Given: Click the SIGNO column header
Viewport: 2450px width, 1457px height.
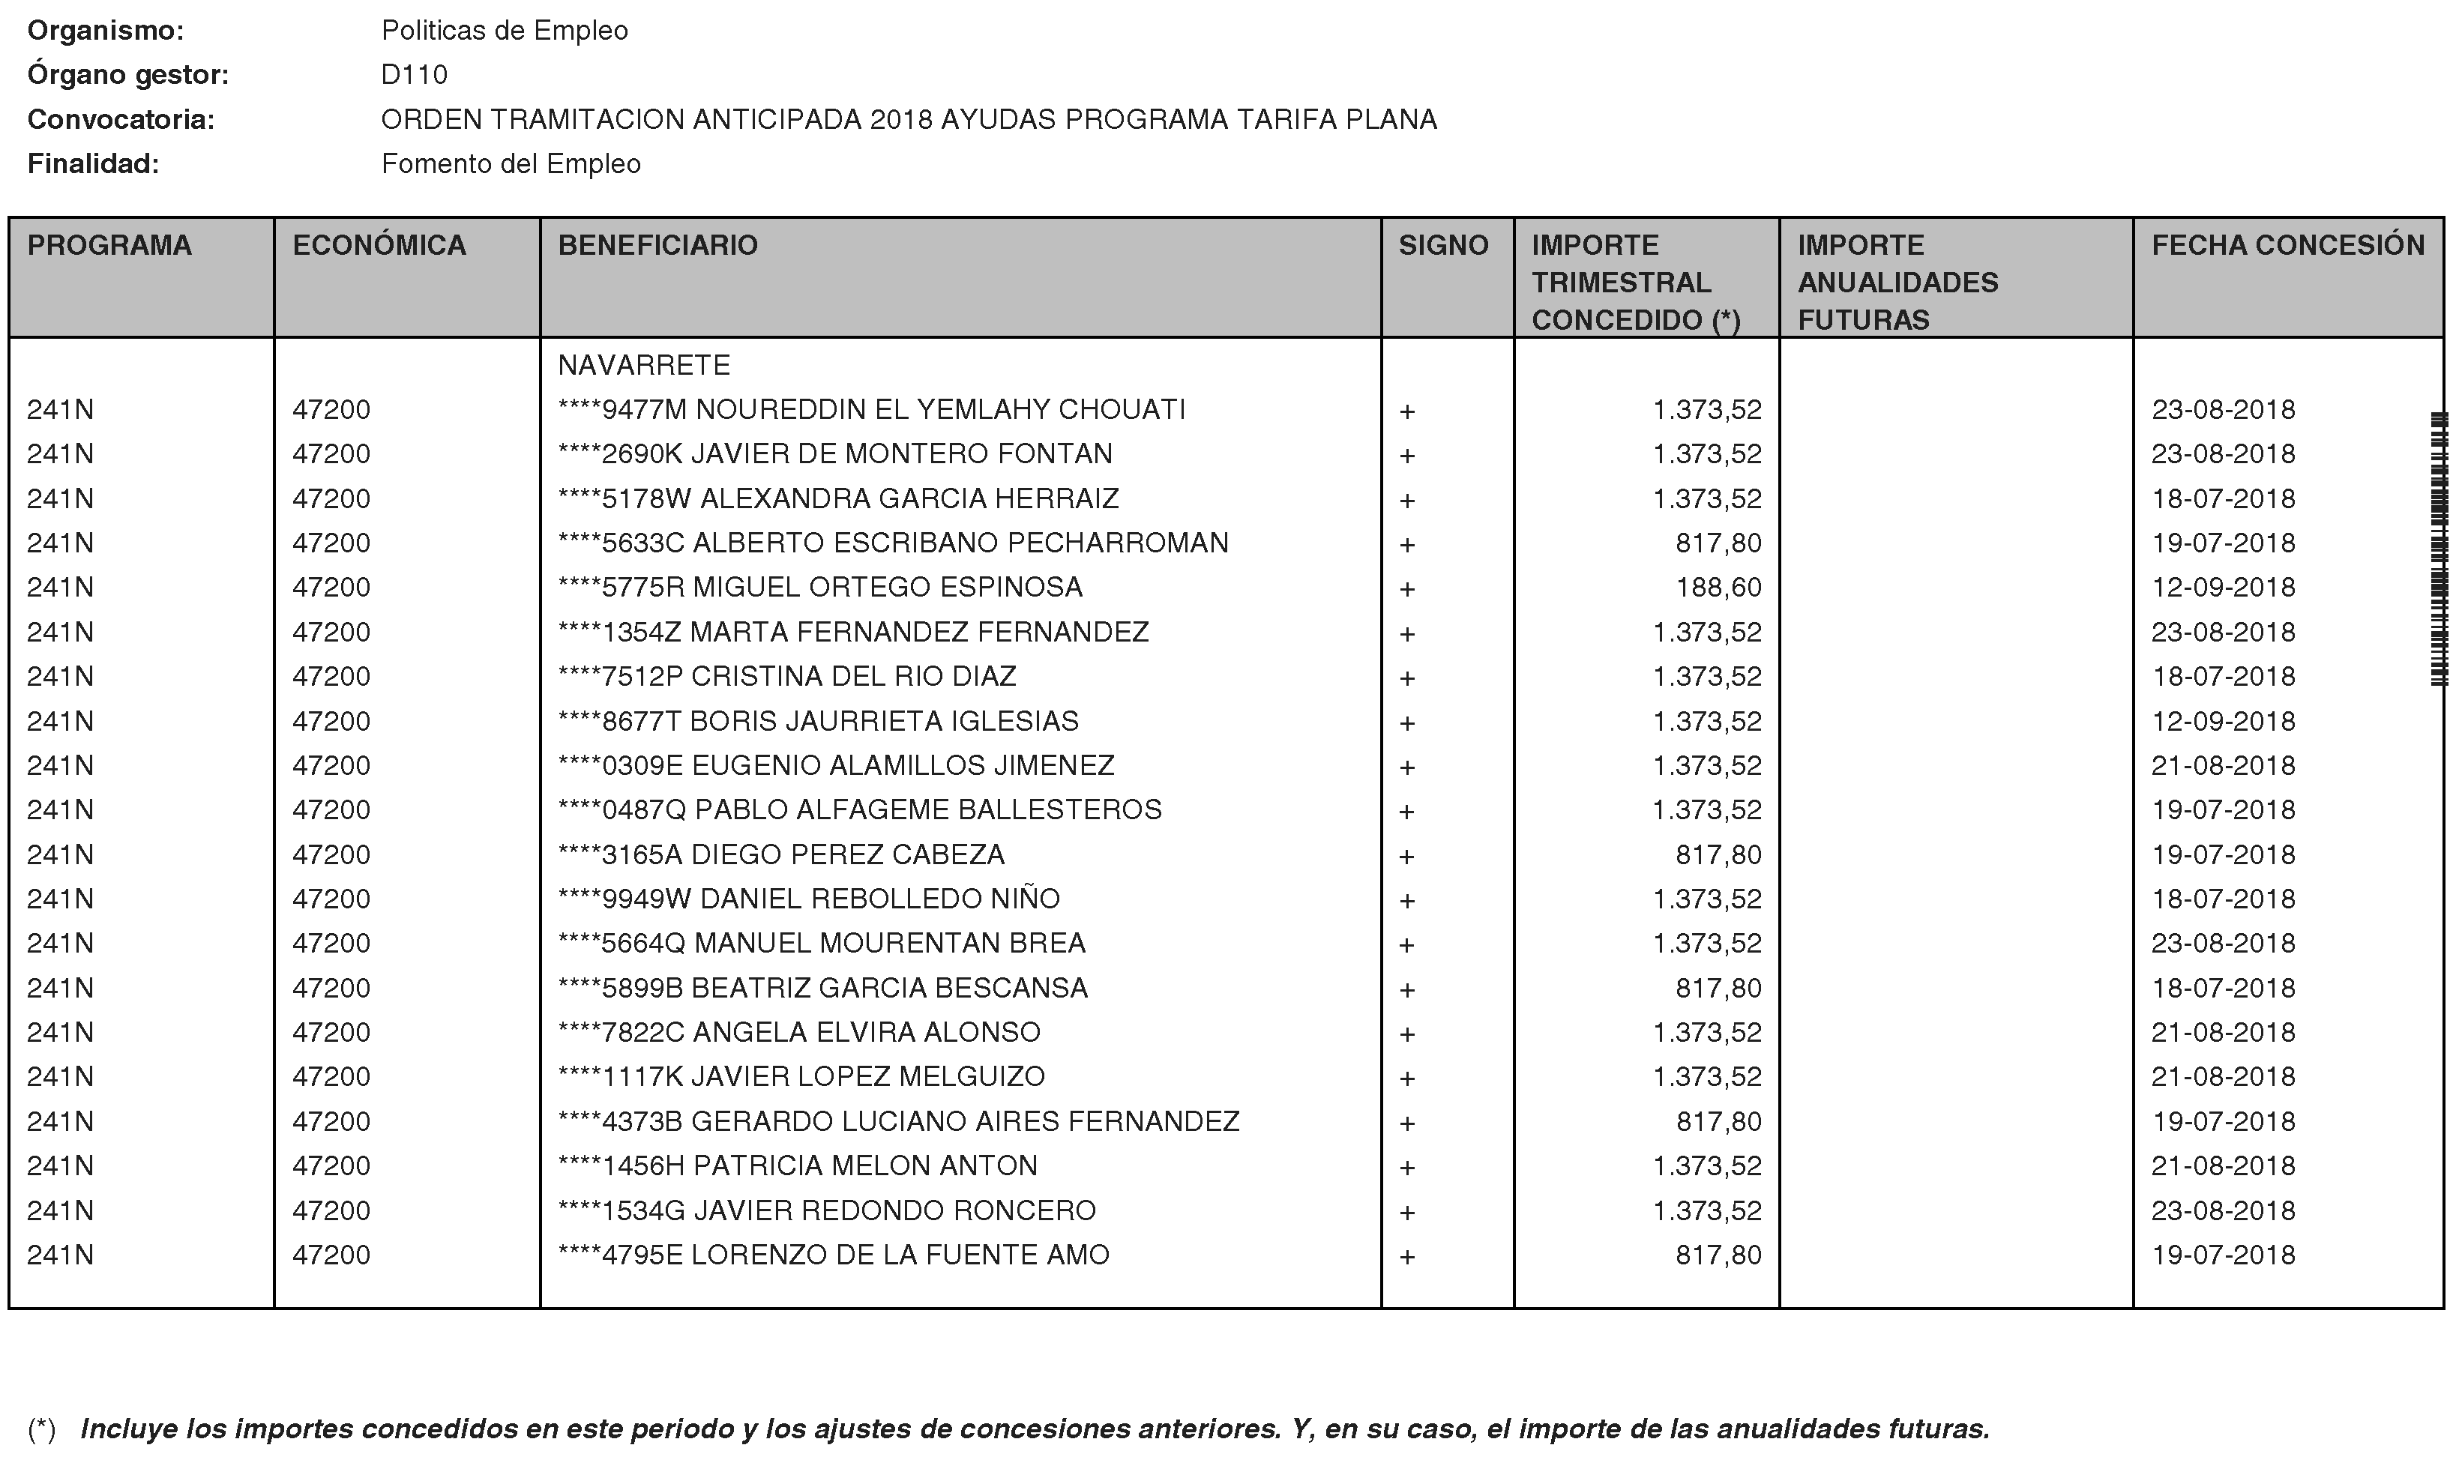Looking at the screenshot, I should click(x=1442, y=245).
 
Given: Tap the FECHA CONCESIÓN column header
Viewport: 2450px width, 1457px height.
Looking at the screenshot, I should click(x=2287, y=245).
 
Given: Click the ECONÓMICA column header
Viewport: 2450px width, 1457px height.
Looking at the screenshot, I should click(x=379, y=245).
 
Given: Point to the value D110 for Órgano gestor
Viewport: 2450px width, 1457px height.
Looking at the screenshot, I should click(x=415, y=75).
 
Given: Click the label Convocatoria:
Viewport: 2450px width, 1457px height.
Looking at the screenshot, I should click(x=121, y=120).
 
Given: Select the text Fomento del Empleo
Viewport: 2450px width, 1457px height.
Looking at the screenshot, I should click(x=511, y=164).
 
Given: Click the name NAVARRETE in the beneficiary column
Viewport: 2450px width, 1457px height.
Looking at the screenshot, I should click(x=643, y=365).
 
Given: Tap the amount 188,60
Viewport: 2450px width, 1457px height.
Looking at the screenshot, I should click(x=1718, y=587).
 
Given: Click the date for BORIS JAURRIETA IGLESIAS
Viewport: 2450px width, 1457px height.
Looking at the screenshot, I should click(x=2223, y=721).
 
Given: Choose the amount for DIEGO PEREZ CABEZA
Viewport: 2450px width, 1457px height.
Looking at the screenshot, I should click(x=1718, y=854).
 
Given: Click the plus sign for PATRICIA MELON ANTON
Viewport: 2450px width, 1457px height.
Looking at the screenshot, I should click(x=1407, y=1168).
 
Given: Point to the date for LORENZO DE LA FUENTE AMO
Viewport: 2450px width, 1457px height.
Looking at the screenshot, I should click(x=2223, y=1255).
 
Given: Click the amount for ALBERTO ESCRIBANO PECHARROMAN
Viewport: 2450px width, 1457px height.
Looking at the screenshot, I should click(x=1718, y=543).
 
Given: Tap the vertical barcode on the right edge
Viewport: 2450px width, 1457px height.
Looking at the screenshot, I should click(x=2437, y=550).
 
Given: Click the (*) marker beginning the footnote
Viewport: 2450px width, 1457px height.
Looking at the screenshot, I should click(x=41, y=1429).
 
